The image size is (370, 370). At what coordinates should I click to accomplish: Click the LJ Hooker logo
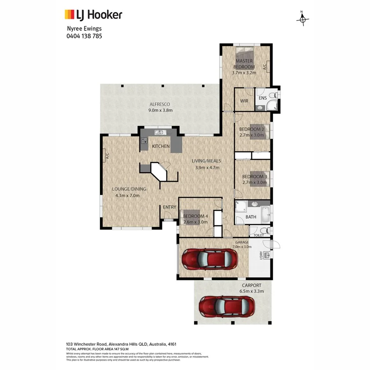(93, 15)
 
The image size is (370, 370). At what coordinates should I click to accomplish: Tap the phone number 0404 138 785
(84, 36)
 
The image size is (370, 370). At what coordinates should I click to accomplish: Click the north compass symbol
(303, 18)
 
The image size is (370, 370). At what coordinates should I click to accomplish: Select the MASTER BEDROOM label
(244, 64)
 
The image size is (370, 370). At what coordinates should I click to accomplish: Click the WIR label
(244, 101)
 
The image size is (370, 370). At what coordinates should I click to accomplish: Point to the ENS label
(263, 98)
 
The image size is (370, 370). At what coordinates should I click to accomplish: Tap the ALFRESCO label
(159, 104)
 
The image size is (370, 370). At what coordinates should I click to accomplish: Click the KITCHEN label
(161, 146)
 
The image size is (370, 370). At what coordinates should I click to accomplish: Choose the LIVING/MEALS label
(206, 161)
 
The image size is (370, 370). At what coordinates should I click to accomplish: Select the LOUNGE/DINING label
(129, 190)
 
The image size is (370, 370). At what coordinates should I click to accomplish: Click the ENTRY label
(169, 207)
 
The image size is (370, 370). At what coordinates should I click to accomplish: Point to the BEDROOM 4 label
(196, 216)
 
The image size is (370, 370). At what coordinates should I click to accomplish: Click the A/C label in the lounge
(106, 156)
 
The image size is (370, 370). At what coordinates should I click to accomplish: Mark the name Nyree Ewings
(84, 29)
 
